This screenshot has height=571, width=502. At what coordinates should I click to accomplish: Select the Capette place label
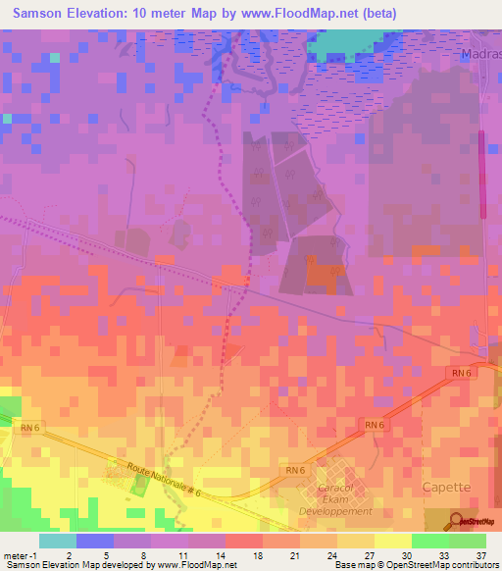pyautogui.click(x=446, y=487)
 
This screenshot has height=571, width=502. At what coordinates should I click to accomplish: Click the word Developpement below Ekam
pyautogui.click(x=336, y=511)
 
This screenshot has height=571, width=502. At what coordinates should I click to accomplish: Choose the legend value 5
pyautogui.click(x=106, y=555)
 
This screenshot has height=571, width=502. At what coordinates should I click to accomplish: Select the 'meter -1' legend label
pyautogui.click(x=17, y=555)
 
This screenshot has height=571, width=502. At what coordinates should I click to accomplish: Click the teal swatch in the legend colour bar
pyautogui.click(x=57, y=541)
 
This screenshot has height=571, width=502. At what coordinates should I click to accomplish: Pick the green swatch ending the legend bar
pyautogui.click(x=467, y=541)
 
